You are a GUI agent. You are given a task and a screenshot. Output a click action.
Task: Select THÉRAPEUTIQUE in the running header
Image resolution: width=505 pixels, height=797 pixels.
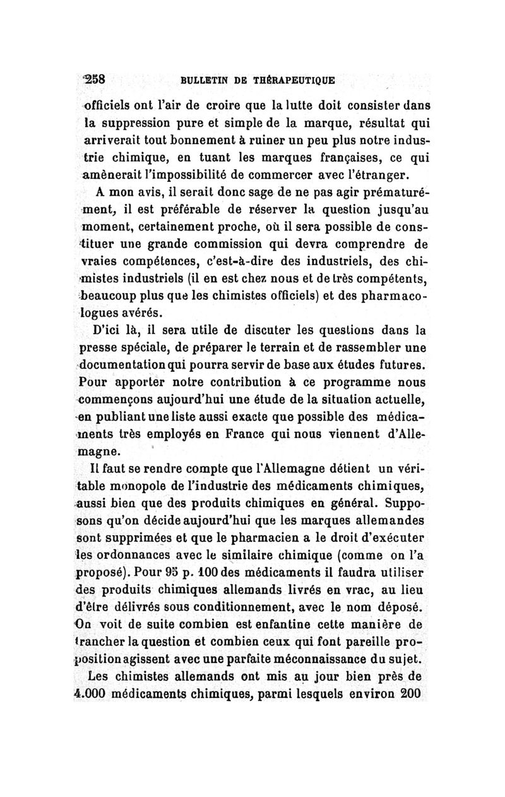[x=294, y=81]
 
